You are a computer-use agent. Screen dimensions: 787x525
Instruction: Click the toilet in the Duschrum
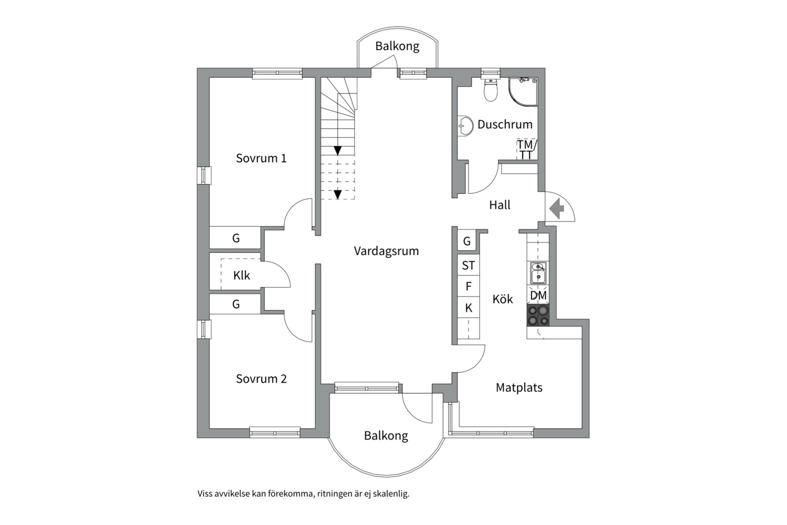pos(491,90)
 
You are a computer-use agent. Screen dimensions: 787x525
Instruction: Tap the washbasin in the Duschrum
pos(465,125)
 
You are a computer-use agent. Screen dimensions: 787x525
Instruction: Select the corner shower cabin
pos(523,92)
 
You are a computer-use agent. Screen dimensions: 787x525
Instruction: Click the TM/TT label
pos(527,149)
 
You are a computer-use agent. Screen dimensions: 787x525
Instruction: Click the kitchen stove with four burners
pos(538,316)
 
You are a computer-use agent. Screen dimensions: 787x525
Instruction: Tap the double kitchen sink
pos(538,273)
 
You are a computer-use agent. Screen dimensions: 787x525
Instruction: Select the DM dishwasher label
pos(538,296)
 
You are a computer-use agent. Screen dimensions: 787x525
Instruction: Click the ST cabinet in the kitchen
pos(468,265)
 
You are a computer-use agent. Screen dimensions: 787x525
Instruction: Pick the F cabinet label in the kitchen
pos(468,287)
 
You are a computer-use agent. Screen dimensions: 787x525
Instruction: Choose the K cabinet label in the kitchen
pos(469,308)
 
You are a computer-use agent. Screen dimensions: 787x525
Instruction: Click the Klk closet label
pos(242,275)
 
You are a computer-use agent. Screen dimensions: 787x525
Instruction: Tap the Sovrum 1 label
pos(261,158)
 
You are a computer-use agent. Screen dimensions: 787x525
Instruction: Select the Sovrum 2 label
pos(261,379)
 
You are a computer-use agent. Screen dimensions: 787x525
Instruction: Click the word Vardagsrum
pos(387,251)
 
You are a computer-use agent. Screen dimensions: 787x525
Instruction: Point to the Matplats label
pos(519,387)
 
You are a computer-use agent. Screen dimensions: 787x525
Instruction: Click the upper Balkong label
pos(397,46)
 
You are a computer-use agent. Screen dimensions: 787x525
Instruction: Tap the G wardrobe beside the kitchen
pos(467,241)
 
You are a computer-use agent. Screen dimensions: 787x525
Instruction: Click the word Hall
pos(500,205)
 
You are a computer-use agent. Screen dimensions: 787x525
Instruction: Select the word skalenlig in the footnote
pos(391,494)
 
